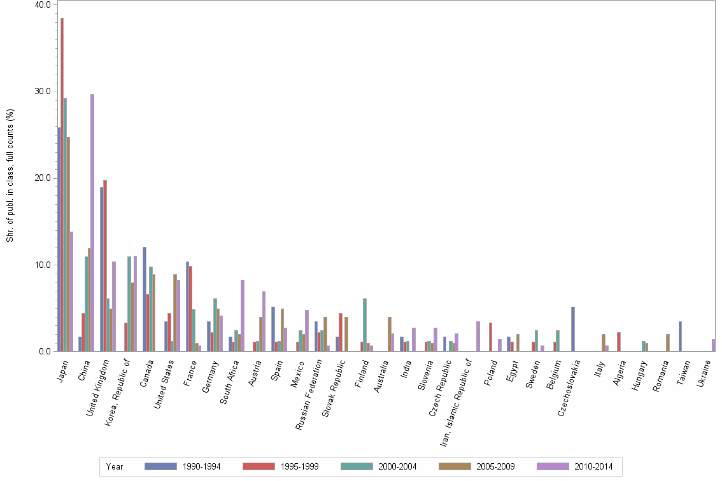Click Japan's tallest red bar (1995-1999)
click(x=62, y=185)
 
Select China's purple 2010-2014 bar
click(x=92, y=223)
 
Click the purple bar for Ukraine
click(x=714, y=345)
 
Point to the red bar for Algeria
click(x=619, y=342)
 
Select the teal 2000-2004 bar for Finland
click(x=365, y=324)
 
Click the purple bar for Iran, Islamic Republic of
click(x=478, y=336)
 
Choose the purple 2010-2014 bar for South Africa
click(x=243, y=316)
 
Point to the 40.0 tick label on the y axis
click(x=43, y=5)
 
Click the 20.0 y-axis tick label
click(x=43, y=178)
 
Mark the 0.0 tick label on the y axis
click(x=45, y=351)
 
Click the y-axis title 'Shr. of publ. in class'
click(x=10, y=176)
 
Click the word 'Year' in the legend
click(x=115, y=466)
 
